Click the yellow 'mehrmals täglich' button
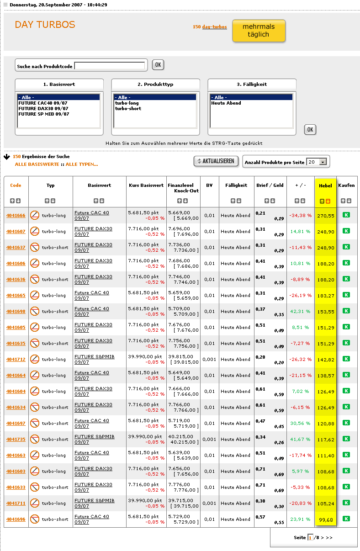click(259, 31)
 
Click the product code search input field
click(110, 66)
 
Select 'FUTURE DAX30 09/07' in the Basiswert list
click(43, 109)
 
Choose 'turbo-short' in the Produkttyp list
click(128, 109)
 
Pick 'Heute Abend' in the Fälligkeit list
click(226, 103)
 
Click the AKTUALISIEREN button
click(216, 161)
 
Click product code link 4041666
click(16, 216)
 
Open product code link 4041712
click(16, 360)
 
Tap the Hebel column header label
click(325, 185)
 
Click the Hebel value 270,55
click(325, 216)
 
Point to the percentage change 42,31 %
click(300, 312)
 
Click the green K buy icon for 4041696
click(346, 519)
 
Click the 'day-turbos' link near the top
click(214, 27)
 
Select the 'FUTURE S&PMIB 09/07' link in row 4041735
click(95, 437)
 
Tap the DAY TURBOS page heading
click(45, 25)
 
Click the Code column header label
click(16, 185)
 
